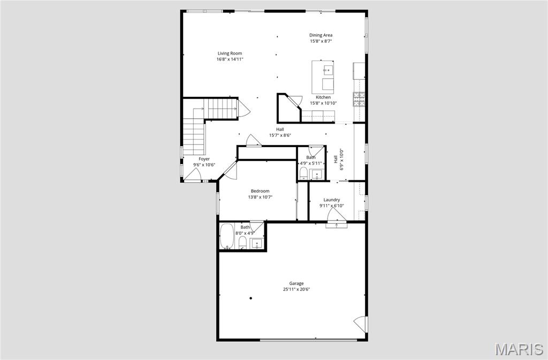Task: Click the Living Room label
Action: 230,53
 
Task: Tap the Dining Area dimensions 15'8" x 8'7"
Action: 321,41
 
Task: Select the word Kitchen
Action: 323,97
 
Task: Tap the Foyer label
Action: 204,159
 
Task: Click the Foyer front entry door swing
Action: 192,174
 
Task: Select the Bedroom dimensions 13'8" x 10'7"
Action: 260,197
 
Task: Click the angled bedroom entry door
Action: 229,171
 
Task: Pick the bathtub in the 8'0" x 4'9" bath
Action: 227,237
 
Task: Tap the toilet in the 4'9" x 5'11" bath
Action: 303,173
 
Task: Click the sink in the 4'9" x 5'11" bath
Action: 316,174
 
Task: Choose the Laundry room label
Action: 331,200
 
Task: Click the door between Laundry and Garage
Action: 336,216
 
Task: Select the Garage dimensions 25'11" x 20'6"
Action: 296,289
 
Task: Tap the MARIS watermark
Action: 519,349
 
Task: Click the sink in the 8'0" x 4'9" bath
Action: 257,244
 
